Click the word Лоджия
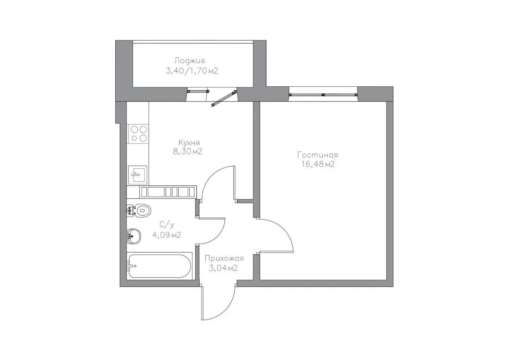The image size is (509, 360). point(190,61)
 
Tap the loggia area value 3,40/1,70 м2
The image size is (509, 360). point(192,71)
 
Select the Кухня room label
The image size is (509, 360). point(189,143)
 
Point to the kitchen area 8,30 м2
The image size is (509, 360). point(187,152)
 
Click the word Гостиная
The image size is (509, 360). point(318,155)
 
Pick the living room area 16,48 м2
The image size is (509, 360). point(318,164)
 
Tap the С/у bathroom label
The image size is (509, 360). point(167,225)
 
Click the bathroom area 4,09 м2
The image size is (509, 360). point(167,235)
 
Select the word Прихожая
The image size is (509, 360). point(224,259)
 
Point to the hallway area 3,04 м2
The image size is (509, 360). point(223,269)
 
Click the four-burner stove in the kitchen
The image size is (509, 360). point(138,134)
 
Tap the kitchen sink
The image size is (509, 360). point(138,175)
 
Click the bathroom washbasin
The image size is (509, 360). point(134,236)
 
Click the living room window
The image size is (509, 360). point(323,94)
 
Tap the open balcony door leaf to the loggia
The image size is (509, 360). point(224,98)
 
